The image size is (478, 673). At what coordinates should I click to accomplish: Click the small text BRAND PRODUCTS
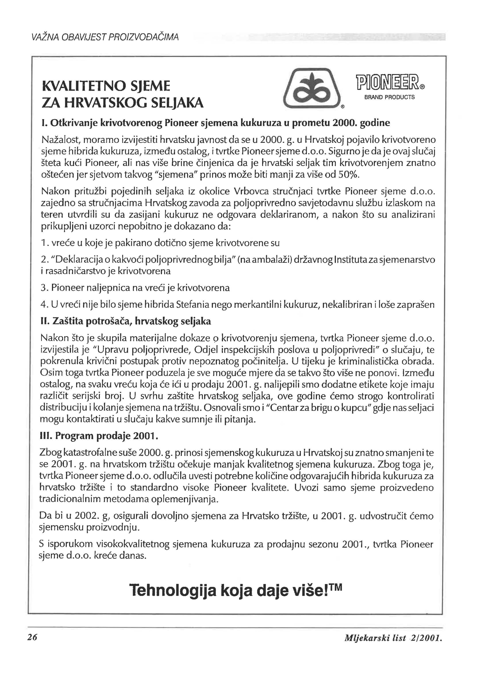(389, 97)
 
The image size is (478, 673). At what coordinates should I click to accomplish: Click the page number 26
(32, 637)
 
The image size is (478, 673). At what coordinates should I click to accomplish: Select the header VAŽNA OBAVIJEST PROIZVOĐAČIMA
(104, 38)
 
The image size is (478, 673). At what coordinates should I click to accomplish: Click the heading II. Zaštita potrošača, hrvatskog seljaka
(126, 321)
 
